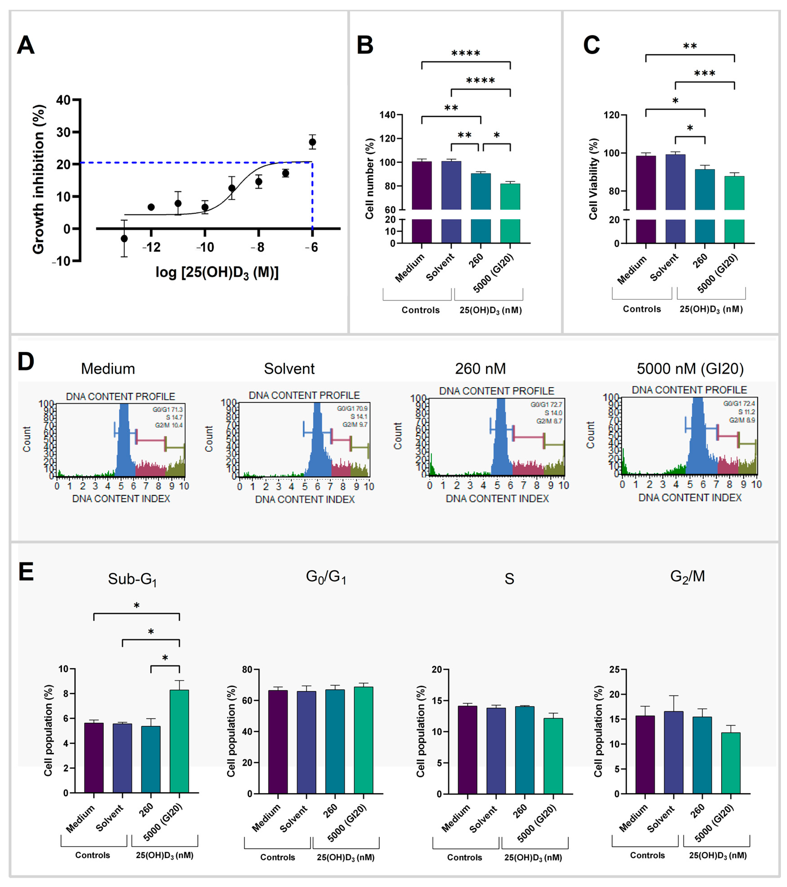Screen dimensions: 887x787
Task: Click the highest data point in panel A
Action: pos(312,142)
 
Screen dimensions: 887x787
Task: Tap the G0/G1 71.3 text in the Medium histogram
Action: pos(167,409)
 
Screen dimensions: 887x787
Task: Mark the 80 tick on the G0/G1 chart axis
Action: pos(247,670)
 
